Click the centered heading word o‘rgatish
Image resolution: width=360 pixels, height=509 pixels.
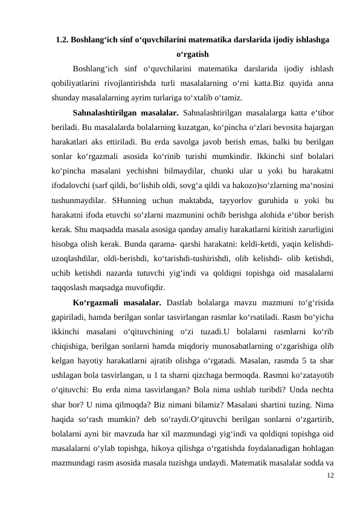click(x=192, y=54)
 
